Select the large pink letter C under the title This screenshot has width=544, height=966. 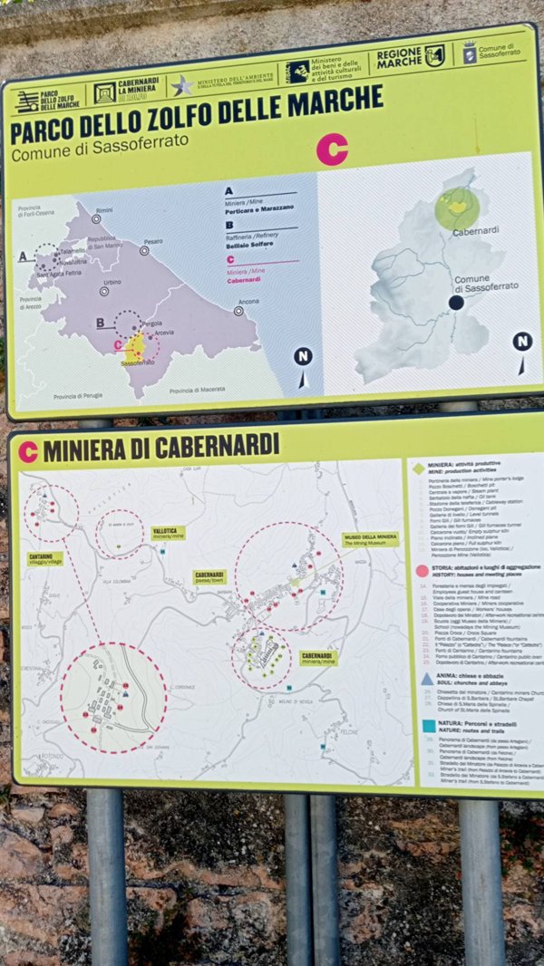coord(331,149)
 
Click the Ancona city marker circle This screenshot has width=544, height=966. coord(238,310)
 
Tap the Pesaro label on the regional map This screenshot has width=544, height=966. coord(152,241)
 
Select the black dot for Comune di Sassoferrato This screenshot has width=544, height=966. coord(456,303)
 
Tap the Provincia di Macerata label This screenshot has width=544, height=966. coord(197,390)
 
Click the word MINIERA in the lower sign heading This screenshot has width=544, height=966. coord(83,449)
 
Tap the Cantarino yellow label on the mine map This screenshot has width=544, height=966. coord(45,560)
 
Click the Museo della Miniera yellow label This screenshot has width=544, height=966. coord(371,539)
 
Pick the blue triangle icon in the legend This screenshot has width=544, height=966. coord(425,677)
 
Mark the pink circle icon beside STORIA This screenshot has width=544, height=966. coord(422,570)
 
